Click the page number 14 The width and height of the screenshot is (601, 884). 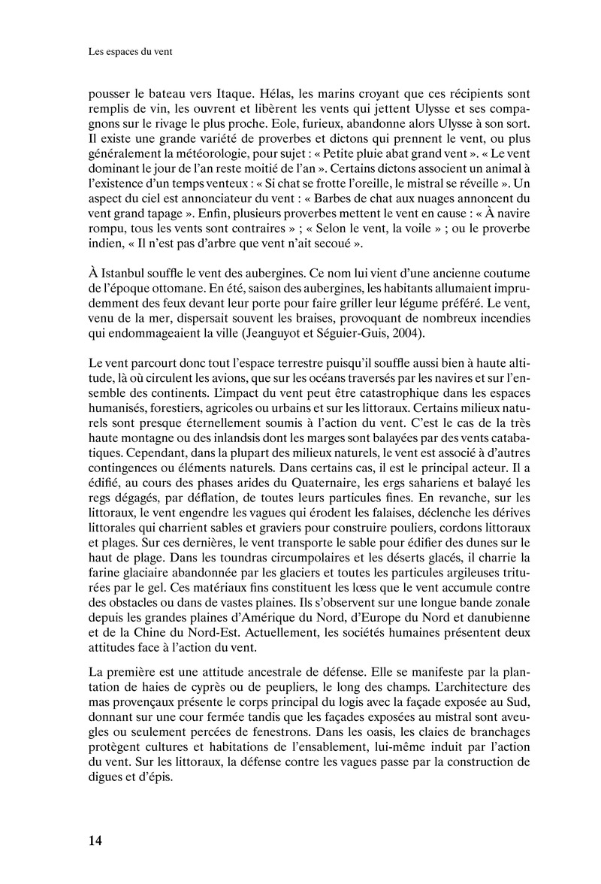point(96,839)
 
